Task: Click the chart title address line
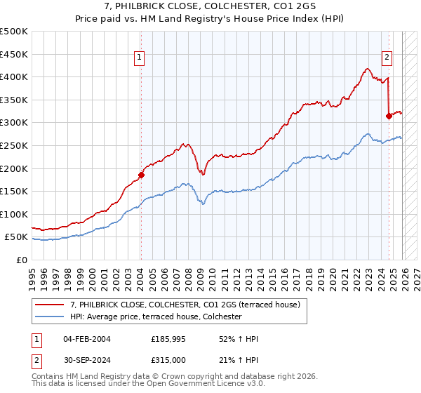[210, 7]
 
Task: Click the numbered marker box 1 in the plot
[140, 58]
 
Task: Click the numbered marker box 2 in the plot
[387, 58]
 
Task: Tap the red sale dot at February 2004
[141, 175]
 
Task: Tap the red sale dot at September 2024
[389, 116]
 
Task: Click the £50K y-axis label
[17, 237]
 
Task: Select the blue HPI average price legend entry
[155, 317]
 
